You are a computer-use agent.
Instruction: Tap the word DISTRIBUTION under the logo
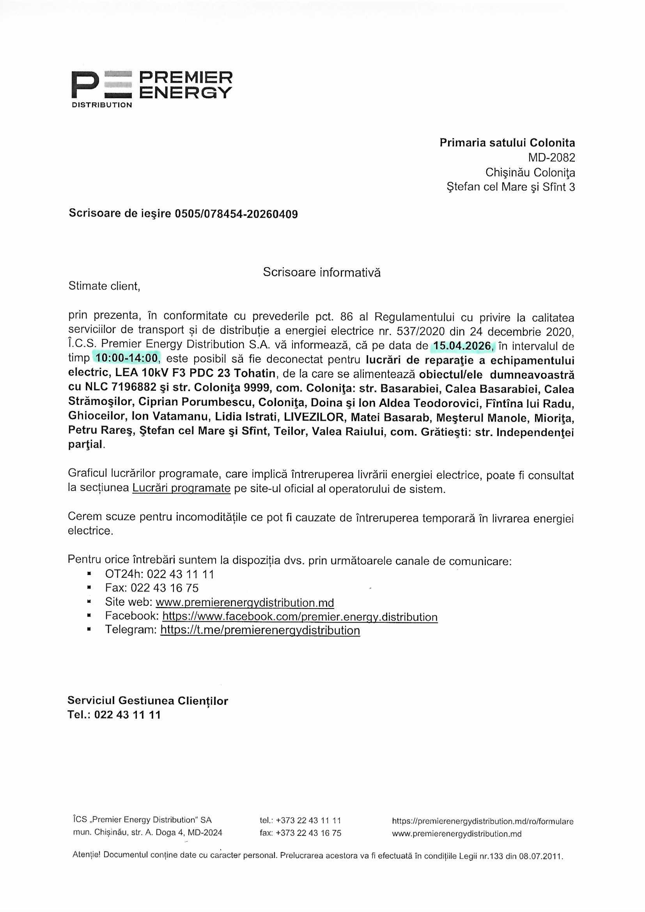click(102, 105)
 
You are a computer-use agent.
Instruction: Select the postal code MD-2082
click(551, 158)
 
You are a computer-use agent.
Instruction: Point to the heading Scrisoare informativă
click(322, 273)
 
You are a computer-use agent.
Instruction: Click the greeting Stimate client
click(105, 286)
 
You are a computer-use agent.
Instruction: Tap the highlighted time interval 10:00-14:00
click(126, 358)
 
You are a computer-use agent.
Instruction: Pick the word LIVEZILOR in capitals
click(314, 417)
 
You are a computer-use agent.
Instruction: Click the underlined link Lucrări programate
click(181, 488)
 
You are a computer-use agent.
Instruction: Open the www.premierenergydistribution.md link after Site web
click(245, 602)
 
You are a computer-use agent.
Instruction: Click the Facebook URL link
click(300, 616)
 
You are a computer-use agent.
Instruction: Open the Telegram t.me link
click(260, 630)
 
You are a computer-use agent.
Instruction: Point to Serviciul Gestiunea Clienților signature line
click(148, 701)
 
